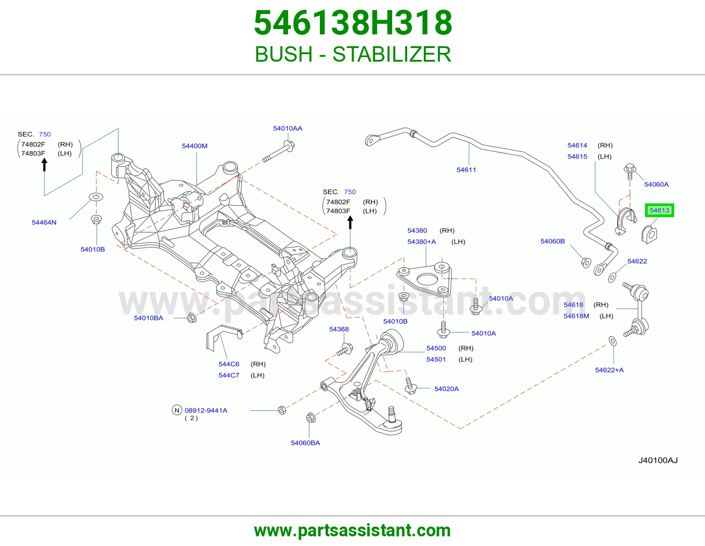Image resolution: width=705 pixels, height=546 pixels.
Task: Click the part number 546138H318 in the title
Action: pyautogui.click(x=352, y=23)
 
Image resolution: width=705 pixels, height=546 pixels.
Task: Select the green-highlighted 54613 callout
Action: pyautogui.click(x=659, y=210)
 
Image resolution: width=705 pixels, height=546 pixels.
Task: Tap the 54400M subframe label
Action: pyautogui.click(x=195, y=146)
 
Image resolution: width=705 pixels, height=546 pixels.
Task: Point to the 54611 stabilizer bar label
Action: pyautogui.click(x=466, y=170)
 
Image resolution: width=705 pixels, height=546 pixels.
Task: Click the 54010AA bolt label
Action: pyautogui.click(x=288, y=129)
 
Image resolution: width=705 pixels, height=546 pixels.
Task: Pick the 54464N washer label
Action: pyautogui.click(x=44, y=222)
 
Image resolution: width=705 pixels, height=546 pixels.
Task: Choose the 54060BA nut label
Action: pyautogui.click(x=305, y=443)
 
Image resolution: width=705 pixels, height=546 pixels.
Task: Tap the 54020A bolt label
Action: pyautogui.click(x=446, y=389)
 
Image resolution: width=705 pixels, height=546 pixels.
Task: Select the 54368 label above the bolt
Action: pyautogui.click(x=339, y=329)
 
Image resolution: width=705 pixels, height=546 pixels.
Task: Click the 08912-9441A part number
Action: pyautogui.click(x=206, y=410)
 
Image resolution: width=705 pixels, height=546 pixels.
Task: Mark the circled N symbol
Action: pyautogui.click(x=177, y=410)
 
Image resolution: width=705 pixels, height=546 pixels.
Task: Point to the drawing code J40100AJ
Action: pyautogui.click(x=658, y=461)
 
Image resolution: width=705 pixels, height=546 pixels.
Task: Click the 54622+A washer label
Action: pyautogui.click(x=609, y=370)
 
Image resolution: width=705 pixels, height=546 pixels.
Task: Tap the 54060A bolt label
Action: pyautogui.click(x=657, y=184)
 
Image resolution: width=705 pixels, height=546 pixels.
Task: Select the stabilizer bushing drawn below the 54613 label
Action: pyautogui.click(x=649, y=234)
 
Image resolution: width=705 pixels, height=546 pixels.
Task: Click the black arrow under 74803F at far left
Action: pyautogui.click(x=45, y=165)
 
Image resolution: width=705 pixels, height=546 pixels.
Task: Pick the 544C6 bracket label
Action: pyautogui.click(x=229, y=364)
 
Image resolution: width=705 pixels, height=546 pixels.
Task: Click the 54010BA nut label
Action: pyautogui.click(x=148, y=318)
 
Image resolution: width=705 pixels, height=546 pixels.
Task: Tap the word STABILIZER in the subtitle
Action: pyautogui.click(x=392, y=54)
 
